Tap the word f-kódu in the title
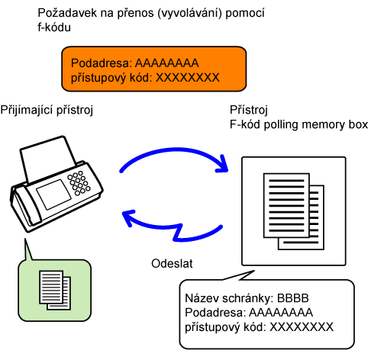click(54, 27)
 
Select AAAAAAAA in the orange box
click(166, 63)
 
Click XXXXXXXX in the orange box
click(188, 78)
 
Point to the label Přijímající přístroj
click(47, 111)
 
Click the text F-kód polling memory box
click(299, 124)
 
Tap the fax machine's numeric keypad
click(79, 183)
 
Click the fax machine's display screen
click(53, 194)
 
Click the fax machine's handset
click(25, 208)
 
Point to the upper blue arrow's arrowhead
click(222, 164)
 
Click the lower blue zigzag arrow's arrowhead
click(128, 217)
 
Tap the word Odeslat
click(172, 263)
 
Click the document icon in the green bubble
click(55, 290)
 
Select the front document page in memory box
click(286, 205)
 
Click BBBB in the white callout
click(292, 298)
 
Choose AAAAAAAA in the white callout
click(281, 313)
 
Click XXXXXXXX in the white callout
click(302, 327)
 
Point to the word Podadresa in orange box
click(102, 63)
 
